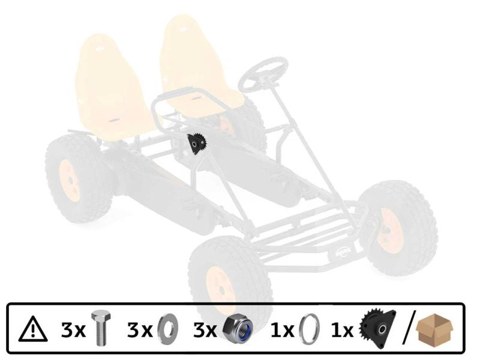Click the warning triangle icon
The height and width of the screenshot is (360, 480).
tap(33, 329)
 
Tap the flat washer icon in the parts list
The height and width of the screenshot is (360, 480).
tap(167, 329)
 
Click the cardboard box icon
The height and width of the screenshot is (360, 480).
tap(436, 329)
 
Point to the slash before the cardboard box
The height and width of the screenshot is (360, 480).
tap(408, 329)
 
